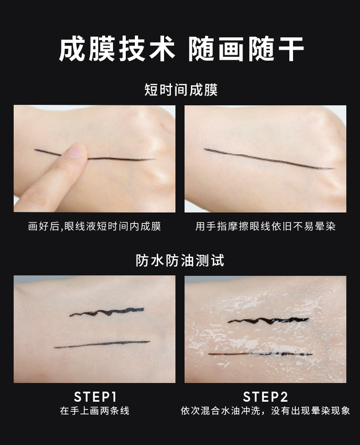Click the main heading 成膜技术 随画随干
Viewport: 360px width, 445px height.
point(181,49)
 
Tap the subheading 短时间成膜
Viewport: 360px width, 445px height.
point(181,90)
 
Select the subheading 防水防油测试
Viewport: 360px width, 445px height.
point(180,260)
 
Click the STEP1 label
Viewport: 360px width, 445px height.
point(95,397)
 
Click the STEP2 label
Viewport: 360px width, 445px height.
point(266,397)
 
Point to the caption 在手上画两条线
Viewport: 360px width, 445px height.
point(95,411)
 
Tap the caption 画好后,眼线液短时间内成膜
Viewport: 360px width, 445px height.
point(94,226)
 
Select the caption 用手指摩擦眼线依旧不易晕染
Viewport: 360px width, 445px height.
point(266,226)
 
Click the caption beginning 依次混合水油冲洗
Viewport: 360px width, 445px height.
point(266,411)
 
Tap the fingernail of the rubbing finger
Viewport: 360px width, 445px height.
point(76,151)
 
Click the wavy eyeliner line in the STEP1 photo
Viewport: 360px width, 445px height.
point(107,312)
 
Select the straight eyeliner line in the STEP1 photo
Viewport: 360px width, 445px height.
point(102,344)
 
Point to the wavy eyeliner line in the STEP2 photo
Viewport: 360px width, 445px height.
point(268,321)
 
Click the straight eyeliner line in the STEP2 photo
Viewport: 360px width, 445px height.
point(260,354)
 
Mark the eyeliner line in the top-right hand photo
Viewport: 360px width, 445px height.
point(269,159)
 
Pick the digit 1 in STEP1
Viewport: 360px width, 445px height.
point(114,397)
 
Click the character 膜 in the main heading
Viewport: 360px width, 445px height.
point(102,49)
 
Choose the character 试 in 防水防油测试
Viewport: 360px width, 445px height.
point(217,260)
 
